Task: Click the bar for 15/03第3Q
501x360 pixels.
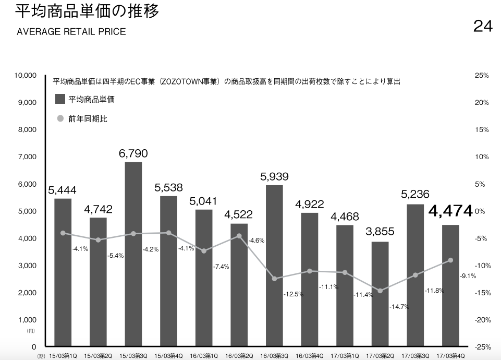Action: pyautogui.click(x=133, y=254)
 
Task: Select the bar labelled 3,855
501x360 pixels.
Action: pyautogui.click(x=380, y=294)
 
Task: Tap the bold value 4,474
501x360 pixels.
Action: pyautogui.click(x=450, y=211)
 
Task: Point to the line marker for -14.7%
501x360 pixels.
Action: pyautogui.click(x=380, y=291)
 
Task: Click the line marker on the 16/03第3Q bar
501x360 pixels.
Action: pyautogui.click(x=274, y=279)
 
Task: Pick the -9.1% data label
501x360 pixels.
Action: pyautogui.click(x=468, y=276)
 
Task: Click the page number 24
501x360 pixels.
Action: pyautogui.click(x=483, y=26)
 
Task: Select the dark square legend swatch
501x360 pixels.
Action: pyautogui.click(x=60, y=99)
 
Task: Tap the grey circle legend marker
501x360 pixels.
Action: pyautogui.click(x=60, y=118)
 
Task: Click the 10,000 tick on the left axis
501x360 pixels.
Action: pyautogui.click(x=25, y=76)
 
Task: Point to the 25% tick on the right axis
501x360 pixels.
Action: pyautogui.click(x=482, y=76)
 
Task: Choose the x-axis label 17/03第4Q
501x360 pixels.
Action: pyautogui.click(x=450, y=356)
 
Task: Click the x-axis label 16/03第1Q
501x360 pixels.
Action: pyautogui.click(x=203, y=356)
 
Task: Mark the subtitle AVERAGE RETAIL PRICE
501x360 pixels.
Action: pyautogui.click(x=71, y=32)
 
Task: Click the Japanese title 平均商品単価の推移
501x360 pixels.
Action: pyautogui.click(x=87, y=11)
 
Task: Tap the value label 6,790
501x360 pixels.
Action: pyautogui.click(x=133, y=153)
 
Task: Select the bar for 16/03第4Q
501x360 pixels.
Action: pyautogui.click(x=310, y=280)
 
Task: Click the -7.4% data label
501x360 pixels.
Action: pyautogui.click(x=221, y=267)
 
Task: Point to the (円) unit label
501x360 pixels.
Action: pyautogui.click(x=30, y=331)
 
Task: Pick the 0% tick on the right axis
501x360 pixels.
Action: pyautogui.click(x=480, y=211)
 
